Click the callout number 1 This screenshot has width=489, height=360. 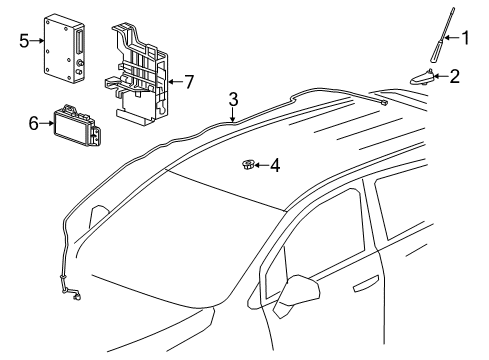[x=465, y=38]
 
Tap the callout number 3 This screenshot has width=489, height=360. [x=233, y=99]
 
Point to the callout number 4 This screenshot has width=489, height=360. [x=274, y=166]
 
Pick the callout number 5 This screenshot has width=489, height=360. [x=25, y=41]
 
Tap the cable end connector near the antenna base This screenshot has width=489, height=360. [x=384, y=100]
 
